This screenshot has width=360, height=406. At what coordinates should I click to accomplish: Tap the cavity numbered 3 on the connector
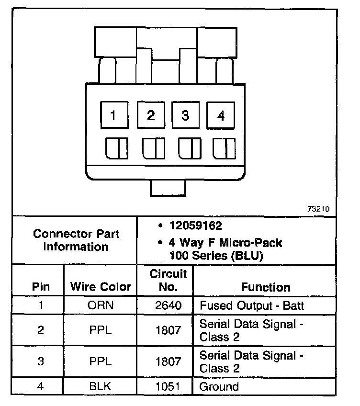click(x=185, y=115)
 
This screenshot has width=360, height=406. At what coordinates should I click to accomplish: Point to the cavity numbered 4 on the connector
click(x=221, y=116)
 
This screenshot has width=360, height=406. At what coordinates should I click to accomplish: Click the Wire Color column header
click(x=101, y=287)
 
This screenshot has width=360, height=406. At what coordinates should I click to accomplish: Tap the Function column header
click(x=266, y=287)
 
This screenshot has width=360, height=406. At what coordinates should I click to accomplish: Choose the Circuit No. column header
click(x=168, y=281)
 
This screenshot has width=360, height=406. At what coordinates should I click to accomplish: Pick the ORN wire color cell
click(x=101, y=305)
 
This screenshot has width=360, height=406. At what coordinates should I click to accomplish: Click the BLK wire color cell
click(x=101, y=386)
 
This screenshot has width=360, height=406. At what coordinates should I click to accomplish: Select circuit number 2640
click(x=168, y=305)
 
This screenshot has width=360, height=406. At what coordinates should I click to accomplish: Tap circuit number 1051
click(x=168, y=386)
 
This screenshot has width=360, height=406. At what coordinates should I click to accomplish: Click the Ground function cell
click(x=219, y=386)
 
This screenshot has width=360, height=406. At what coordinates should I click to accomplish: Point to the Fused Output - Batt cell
click(x=252, y=305)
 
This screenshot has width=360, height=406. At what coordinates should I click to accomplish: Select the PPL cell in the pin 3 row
click(x=101, y=361)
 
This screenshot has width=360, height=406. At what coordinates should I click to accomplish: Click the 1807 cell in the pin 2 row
click(x=168, y=330)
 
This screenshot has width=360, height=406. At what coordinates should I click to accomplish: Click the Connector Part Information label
click(x=77, y=240)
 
